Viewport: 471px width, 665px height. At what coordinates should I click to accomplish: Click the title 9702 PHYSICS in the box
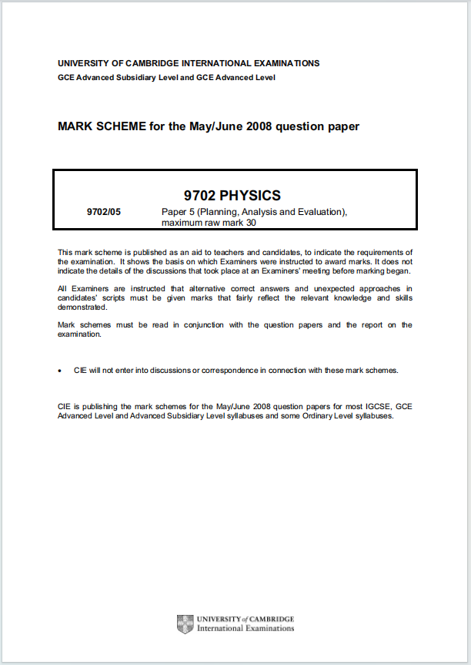coord(234,196)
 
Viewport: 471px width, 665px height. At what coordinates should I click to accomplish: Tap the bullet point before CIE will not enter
coord(61,371)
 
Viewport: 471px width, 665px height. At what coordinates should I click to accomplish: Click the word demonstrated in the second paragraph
coord(80,306)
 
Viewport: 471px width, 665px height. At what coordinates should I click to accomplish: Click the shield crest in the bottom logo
coord(185,623)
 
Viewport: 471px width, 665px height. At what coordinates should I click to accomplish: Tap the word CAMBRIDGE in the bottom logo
coord(273,619)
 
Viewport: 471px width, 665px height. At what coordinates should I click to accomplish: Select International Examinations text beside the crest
coord(246,629)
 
